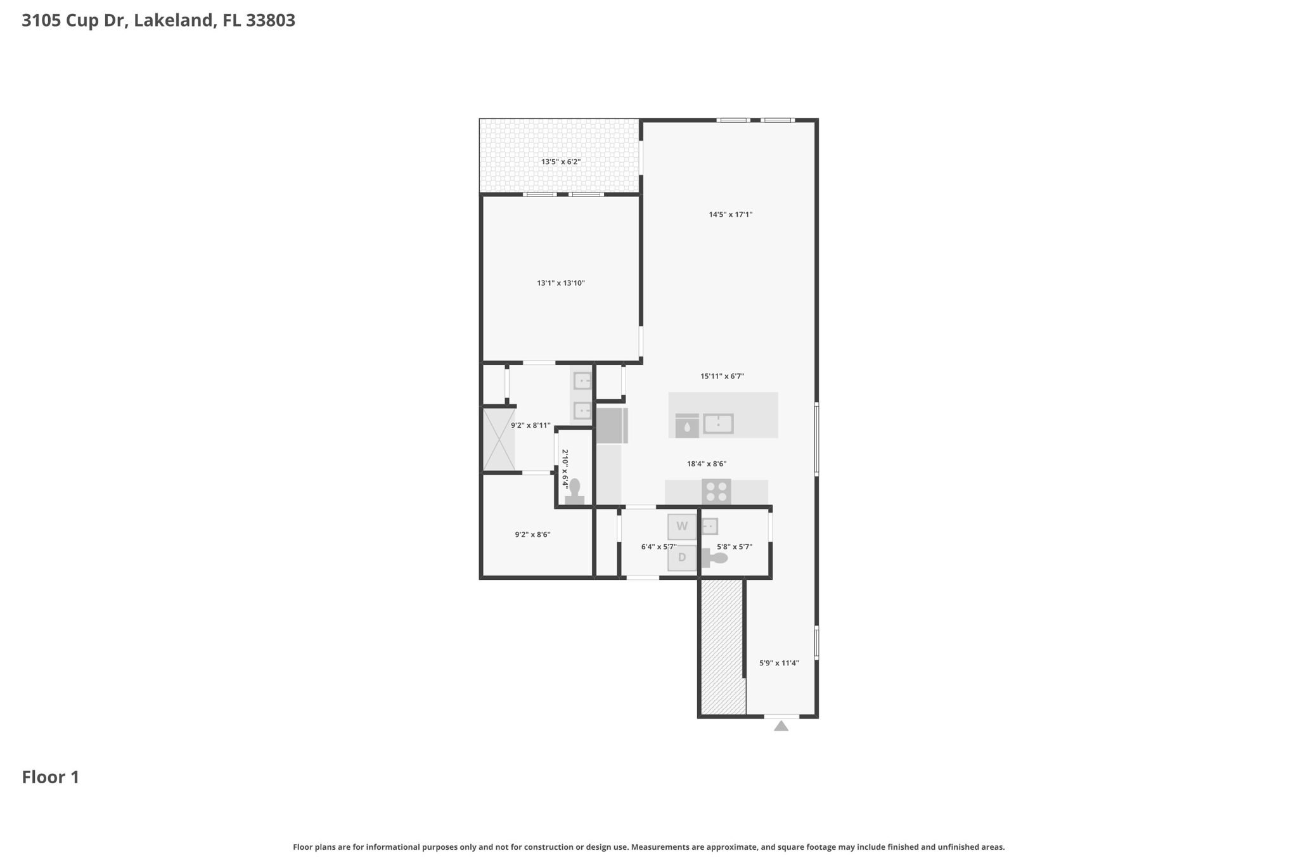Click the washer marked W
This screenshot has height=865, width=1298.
click(682, 527)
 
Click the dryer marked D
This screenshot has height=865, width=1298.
click(682, 558)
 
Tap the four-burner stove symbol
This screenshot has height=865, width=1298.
click(716, 492)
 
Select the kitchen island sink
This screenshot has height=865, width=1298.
click(718, 423)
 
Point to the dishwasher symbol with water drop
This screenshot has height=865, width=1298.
click(687, 426)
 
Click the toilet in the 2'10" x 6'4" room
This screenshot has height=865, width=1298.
click(574, 492)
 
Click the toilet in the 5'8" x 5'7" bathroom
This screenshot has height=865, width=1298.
click(714, 558)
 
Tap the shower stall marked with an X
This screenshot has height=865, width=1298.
click(499, 440)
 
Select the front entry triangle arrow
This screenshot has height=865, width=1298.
click(781, 726)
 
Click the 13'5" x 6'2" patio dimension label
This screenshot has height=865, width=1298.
click(561, 162)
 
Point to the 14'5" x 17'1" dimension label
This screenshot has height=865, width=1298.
click(731, 214)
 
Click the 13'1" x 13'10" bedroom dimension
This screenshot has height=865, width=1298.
click(561, 283)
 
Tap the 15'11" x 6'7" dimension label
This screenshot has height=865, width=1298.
click(722, 376)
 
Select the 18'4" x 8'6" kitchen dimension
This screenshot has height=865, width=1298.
click(707, 463)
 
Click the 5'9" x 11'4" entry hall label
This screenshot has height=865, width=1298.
click(779, 663)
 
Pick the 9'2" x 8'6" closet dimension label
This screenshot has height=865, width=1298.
click(532, 534)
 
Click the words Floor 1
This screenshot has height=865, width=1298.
click(51, 777)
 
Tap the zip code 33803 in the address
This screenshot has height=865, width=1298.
click(271, 20)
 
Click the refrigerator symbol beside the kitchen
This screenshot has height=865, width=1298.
click(612, 425)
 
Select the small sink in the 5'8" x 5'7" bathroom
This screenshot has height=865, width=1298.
click(710, 526)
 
